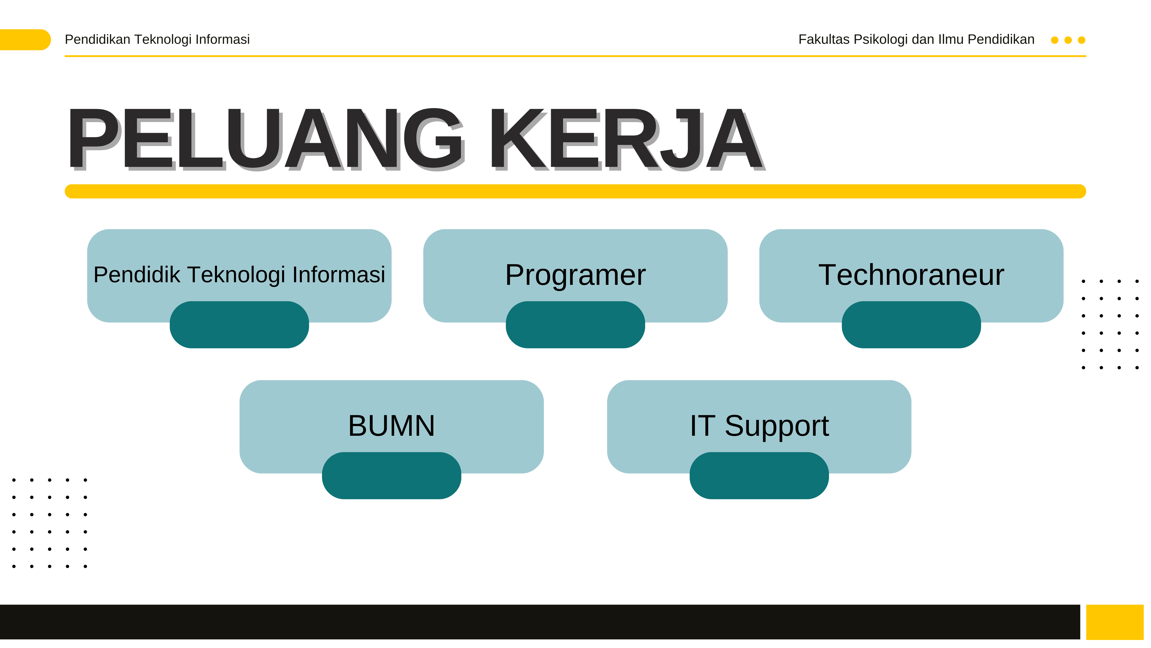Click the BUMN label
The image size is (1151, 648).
tap(391, 426)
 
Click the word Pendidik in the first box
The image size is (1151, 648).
tap(136, 274)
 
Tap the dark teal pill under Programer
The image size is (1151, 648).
tap(575, 325)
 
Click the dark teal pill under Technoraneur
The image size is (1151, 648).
tap(912, 325)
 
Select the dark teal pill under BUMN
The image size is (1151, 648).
tap(391, 476)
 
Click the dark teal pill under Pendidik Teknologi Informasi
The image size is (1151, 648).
tap(239, 325)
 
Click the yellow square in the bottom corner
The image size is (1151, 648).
tap(1115, 622)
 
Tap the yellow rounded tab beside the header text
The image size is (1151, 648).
tap(24, 40)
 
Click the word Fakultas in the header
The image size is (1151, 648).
tap(824, 39)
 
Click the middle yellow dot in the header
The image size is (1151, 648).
tap(1068, 40)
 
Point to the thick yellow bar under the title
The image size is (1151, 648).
tap(575, 192)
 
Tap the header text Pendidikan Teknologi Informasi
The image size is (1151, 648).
tap(157, 39)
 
